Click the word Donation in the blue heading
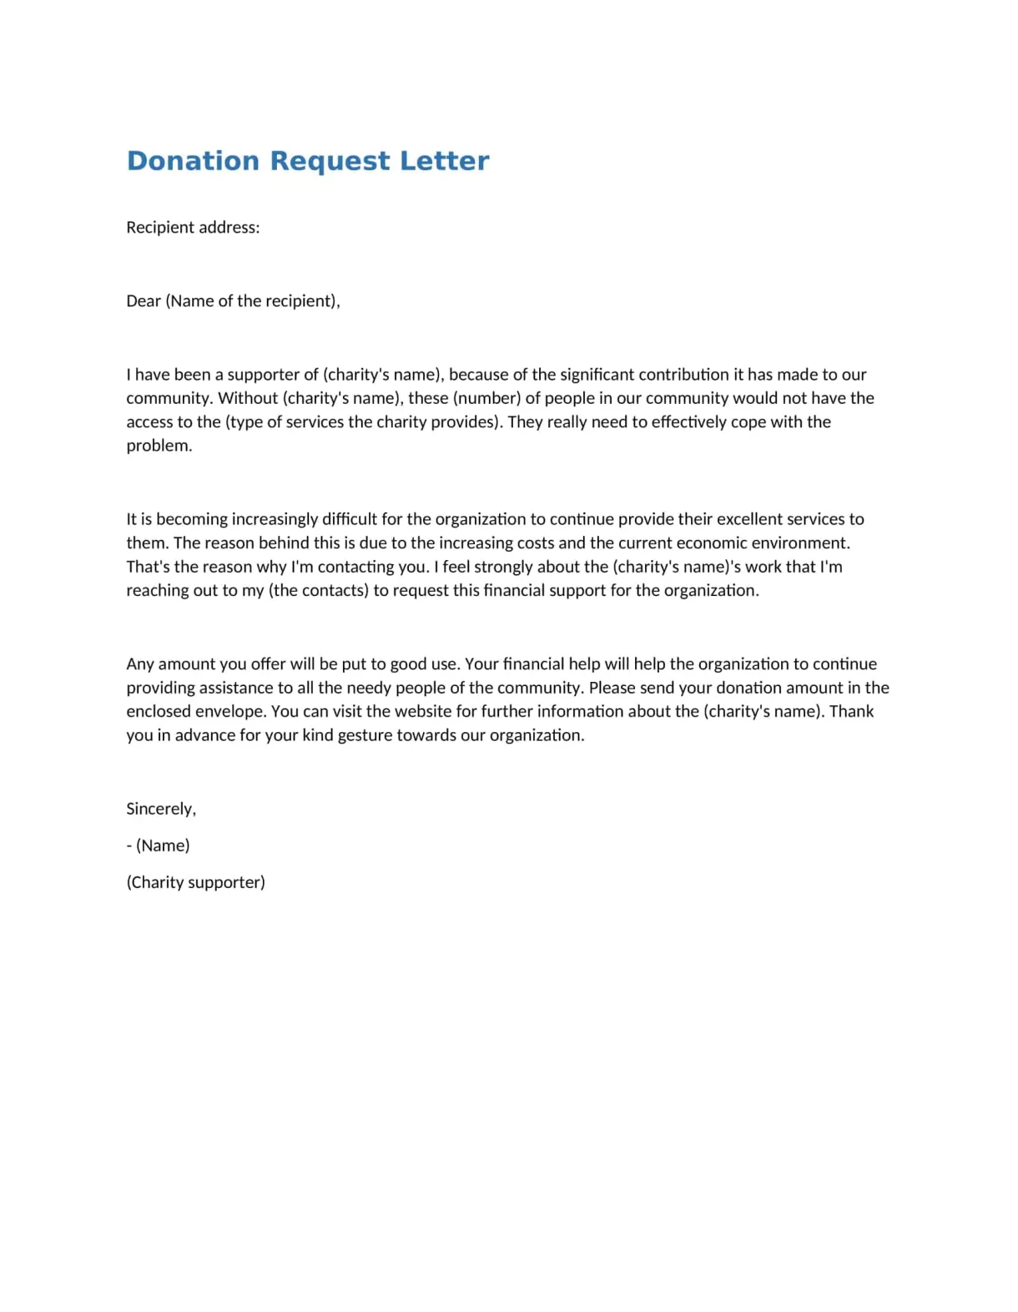tap(193, 160)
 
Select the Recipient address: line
tap(193, 227)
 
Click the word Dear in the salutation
tap(144, 300)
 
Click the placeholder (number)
tap(486, 397)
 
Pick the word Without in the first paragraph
tap(248, 397)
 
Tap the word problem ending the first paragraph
tap(158, 446)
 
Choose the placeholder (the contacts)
tap(318, 590)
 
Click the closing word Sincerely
tap(160, 809)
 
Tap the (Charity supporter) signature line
tap(195, 882)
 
